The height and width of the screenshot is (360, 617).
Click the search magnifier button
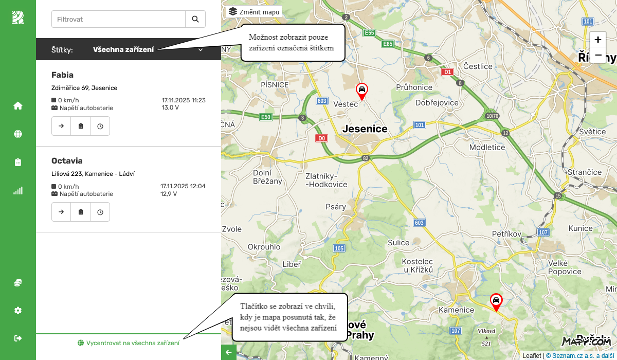point(195,19)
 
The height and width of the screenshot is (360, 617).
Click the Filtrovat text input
point(118,19)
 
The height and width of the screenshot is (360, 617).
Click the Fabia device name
point(63,75)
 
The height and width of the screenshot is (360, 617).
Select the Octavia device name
point(67,161)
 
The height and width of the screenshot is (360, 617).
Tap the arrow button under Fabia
point(61,126)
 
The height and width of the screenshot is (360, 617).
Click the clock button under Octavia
point(100,212)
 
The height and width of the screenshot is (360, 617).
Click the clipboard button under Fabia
point(81,126)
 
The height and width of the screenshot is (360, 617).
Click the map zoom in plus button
point(598,40)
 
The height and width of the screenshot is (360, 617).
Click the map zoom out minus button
point(598,55)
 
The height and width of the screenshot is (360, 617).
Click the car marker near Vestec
point(362,90)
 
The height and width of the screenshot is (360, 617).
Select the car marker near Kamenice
point(496,300)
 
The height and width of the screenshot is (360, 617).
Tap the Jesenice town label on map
point(365,129)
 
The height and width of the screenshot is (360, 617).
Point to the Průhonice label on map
point(414,87)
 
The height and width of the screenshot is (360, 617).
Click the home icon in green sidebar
point(18,106)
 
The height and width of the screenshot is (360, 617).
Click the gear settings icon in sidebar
point(18,311)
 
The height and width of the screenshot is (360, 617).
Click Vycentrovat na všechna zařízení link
point(129,343)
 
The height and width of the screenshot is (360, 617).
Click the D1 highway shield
point(448,72)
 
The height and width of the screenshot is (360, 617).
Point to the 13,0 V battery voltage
point(170,108)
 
